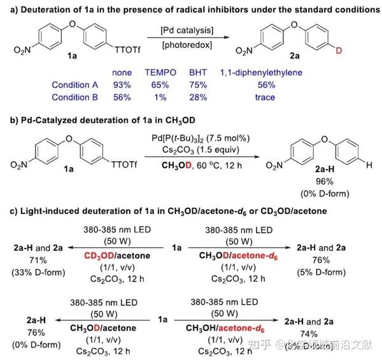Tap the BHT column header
tap(201, 74)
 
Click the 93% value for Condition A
tap(122, 85)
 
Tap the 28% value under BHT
tap(201, 97)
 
